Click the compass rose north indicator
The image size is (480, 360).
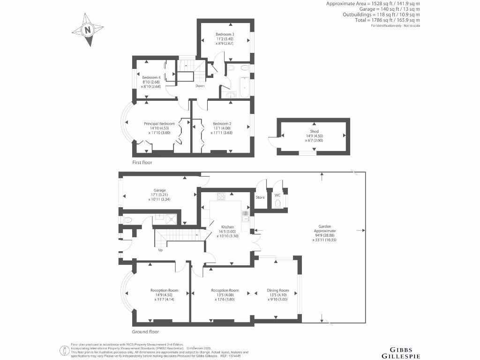tap(87, 30)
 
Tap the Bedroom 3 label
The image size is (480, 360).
tap(225, 35)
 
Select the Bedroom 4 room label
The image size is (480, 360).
tap(151, 77)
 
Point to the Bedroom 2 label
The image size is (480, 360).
tap(222, 124)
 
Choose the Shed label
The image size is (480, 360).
tap(314, 132)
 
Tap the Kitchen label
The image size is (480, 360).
tap(227, 227)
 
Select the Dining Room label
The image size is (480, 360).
tap(278, 290)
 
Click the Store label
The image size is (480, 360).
tap(260, 197)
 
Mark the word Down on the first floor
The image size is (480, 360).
tap(200, 86)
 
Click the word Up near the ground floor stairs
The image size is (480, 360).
tap(160, 250)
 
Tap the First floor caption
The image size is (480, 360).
tap(142, 162)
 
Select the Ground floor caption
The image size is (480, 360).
tap(145, 331)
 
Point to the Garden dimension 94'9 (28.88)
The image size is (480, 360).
tap(325, 235)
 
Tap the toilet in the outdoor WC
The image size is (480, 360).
tap(278, 203)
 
